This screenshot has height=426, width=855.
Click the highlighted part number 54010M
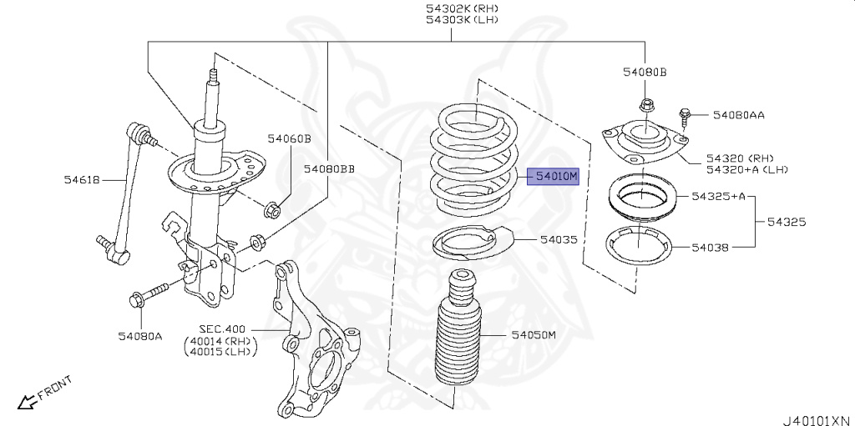(556, 177)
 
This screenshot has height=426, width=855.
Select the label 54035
(558, 239)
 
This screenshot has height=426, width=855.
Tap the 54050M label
(534, 334)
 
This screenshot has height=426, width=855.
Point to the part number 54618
(82, 178)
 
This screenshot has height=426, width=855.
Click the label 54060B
(289, 138)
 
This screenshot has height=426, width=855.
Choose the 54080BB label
(329, 169)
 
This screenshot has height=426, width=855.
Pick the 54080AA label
(739, 114)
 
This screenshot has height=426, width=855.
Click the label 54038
(710, 247)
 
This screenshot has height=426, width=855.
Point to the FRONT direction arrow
(28, 401)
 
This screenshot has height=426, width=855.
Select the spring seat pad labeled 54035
(468, 243)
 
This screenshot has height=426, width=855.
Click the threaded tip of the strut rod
(212, 76)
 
